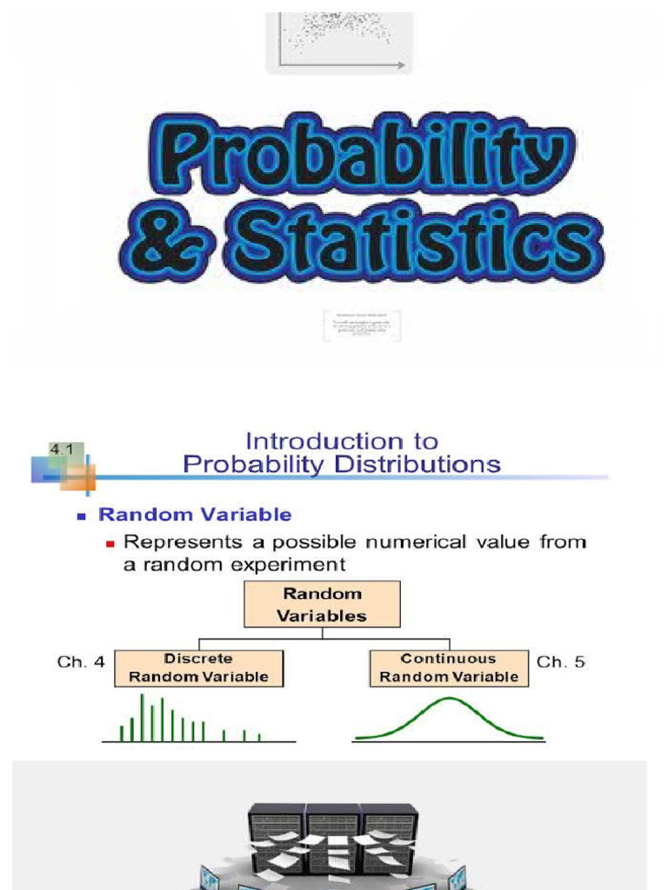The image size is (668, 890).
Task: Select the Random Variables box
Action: [x=322, y=605]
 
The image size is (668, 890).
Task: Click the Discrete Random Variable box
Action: [x=198, y=667]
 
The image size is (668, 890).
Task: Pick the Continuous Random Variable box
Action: [x=449, y=667]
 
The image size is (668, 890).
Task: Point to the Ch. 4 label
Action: [x=81, y=662]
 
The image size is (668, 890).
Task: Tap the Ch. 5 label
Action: [x=561, y=662]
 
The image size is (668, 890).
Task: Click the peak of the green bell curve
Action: [x=449, y=699]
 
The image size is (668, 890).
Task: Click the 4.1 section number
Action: [x=62, y=449]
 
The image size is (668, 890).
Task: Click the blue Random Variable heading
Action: [x=195, y=515]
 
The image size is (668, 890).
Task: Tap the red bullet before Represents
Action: [x=110, y=544]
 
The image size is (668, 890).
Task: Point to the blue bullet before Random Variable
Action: [x=82, y=516]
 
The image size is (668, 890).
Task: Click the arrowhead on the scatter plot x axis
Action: [x=401, y=64]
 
